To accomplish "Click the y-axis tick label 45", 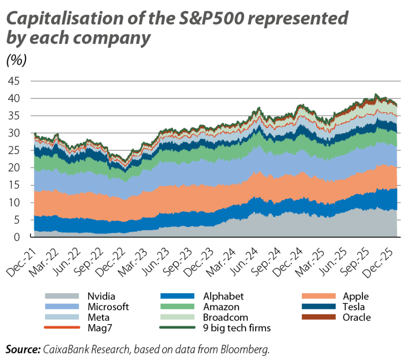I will (14, 81).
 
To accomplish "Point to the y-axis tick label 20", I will (14, 168).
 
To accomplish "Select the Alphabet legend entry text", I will (223, 296).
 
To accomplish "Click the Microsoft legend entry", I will (108, 307).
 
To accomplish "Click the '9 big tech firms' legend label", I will (237, 328).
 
